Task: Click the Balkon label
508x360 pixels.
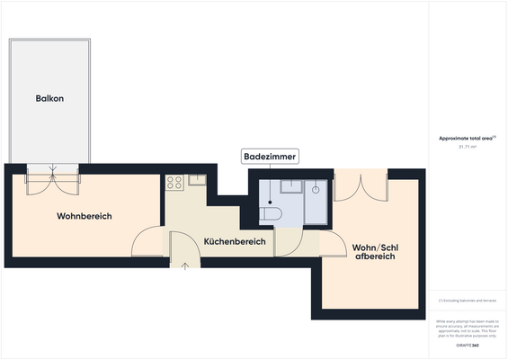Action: click(x=49, y=98)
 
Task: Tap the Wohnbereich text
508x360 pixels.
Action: click(x=85, y=216)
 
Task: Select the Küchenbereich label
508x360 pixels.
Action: click(x=234, y=242)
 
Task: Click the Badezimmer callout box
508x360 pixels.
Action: click(x=270, y=157)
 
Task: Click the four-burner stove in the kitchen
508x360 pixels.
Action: click(x=174, y=182)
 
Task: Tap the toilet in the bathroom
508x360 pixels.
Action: click(x=271, y=214)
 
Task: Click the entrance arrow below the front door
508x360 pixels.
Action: click(x=185, y=265)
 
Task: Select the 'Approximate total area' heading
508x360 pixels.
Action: click(x=466, y=137)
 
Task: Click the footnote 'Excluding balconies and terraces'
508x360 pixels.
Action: click(x=468, y=300)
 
